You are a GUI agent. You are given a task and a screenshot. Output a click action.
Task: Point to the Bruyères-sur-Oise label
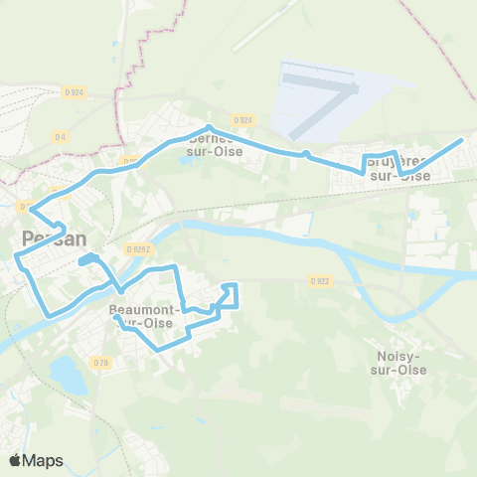coord(399,167)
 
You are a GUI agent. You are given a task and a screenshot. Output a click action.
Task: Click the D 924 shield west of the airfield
coord(245,119)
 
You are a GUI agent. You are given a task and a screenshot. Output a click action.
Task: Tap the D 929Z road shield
coord(137,249)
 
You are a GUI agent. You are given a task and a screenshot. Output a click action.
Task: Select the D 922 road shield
coord(319,281)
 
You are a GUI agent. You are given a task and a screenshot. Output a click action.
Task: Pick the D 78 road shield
coord(100,363)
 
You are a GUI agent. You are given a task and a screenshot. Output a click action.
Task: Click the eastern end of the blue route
coord(461,142)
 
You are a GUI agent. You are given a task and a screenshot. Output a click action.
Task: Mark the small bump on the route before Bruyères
coord(307,153)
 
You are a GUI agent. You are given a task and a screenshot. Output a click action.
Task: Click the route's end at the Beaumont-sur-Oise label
coord(116,318)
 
